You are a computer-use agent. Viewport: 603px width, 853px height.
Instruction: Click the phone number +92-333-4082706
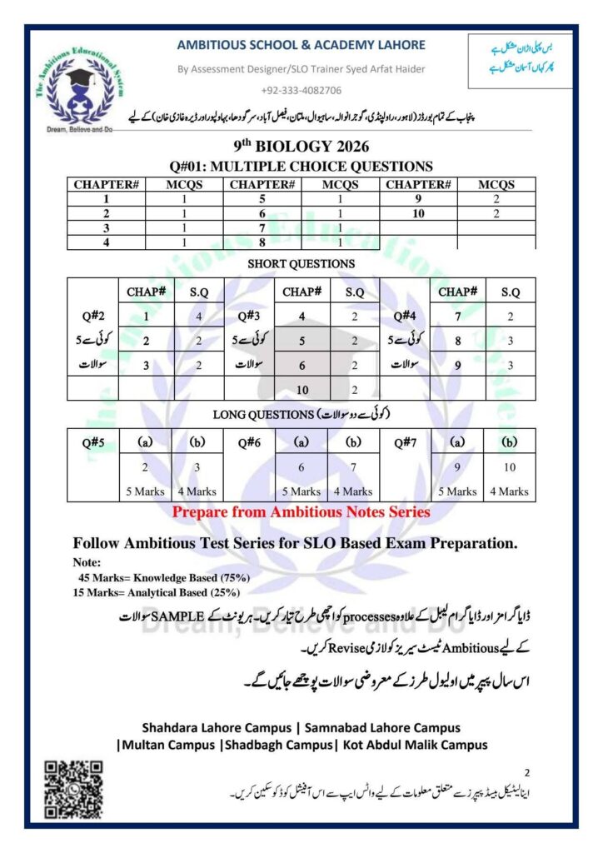coord(301,90)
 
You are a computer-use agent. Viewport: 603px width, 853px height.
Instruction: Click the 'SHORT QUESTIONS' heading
coord(301,263)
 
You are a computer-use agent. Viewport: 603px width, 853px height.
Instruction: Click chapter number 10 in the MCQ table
coord(418,214)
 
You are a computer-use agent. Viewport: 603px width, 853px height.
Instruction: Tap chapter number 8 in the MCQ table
coord(262,242)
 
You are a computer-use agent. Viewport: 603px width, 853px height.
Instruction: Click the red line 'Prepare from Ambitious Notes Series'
coord(301,512)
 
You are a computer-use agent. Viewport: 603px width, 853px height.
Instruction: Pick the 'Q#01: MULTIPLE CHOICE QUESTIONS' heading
coord(301,167)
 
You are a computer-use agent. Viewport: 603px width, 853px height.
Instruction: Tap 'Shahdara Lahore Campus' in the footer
coord(212,726)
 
